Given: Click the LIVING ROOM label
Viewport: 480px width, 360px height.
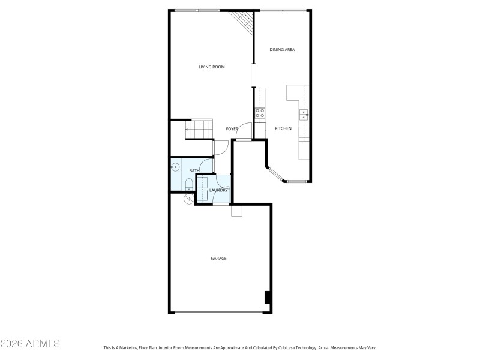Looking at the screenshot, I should click(x=211, y=67).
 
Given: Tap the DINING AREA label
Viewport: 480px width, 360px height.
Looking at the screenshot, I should click(x=282, y=50).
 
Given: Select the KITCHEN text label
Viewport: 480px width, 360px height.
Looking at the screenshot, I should click(x=283, y=129).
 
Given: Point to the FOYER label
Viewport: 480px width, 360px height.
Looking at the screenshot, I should click(x=232, y=129).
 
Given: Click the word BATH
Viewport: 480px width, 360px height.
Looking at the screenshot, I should click(x=178, y=171).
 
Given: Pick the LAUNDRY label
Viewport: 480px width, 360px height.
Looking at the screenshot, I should click(x=218, y=190).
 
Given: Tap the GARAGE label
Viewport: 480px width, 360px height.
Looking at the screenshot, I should click(x=218, y=259).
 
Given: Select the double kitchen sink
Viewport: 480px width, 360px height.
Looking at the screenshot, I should click(x=304, y=115).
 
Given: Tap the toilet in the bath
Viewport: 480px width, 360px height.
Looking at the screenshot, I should click(x=188, y=183).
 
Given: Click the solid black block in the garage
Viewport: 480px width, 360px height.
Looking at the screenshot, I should click(x=268, y=298).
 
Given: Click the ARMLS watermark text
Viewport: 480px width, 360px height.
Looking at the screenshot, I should click(x=30, y=344).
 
